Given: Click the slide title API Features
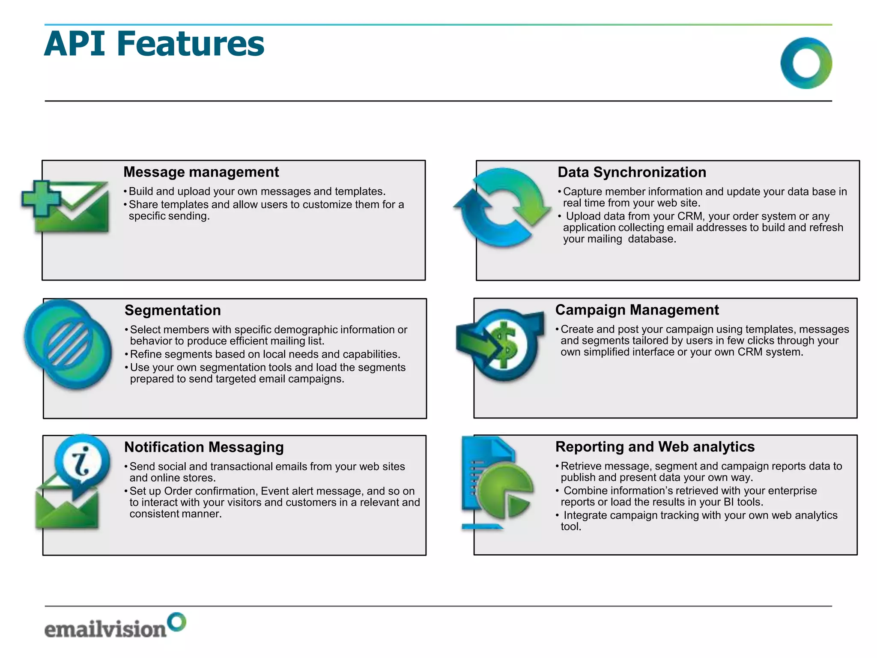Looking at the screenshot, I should click(x=154, y=44).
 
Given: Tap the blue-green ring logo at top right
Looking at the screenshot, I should click(x=806, y=63).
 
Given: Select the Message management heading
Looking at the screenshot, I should click(x=201, y=172).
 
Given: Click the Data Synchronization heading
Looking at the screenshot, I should click(x=632, y=172).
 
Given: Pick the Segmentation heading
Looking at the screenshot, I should click(x=173, y=310).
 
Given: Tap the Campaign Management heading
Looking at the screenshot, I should click(x=637, y=310).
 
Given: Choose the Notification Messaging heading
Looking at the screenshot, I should click(x=204, y=447).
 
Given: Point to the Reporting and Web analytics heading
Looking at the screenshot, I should click(x=655, y=446).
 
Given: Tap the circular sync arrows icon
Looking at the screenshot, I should click(x=502, y=207).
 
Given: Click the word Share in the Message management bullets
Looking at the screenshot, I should click(x=143, y=204).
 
